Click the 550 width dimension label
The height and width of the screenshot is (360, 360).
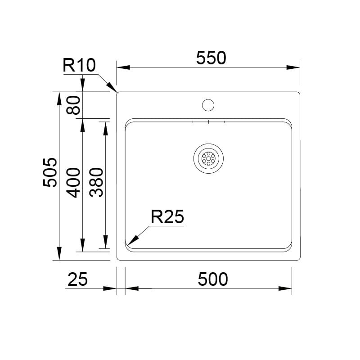coord(211,58)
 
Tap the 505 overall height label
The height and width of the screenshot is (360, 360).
coord(50,172)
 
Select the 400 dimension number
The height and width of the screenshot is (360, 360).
coord(73,183)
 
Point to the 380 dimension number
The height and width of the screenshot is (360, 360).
coord(96,182)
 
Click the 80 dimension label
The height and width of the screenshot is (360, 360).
coord(73,105)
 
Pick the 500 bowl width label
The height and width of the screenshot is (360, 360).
coord(213,279)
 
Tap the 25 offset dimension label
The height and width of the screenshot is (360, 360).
coord(77,279)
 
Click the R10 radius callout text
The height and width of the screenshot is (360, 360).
coord(79,65)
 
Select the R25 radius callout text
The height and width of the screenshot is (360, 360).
coord(167,216)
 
